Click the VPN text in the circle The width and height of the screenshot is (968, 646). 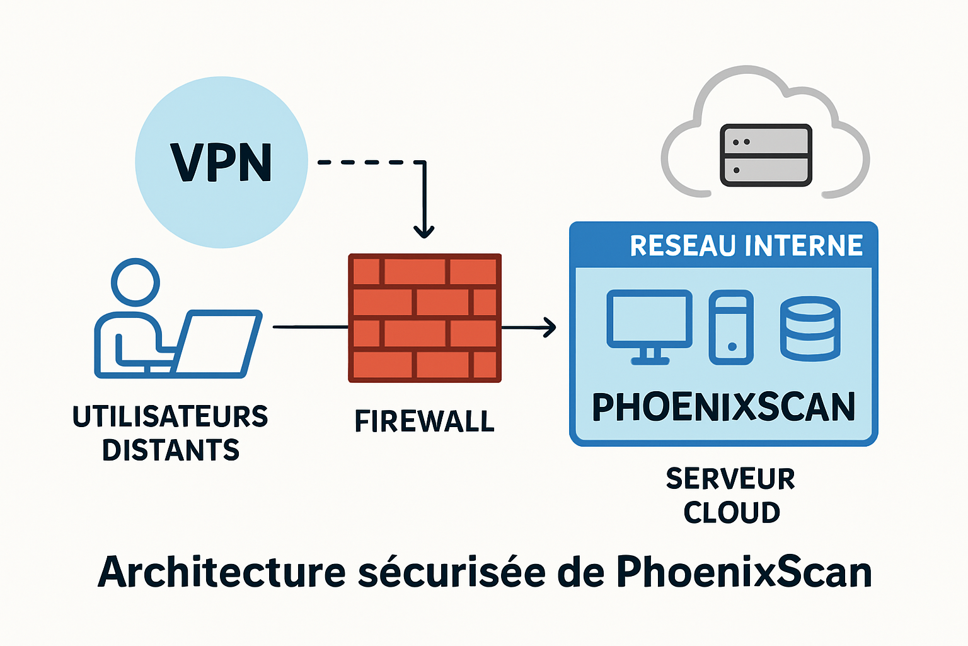click(x=221, y=163)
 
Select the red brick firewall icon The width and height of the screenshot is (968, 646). click(x=425, y=318)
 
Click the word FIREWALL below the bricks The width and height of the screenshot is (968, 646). click(x=425, y=421)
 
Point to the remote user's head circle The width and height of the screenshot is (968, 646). click(x=135, y=281)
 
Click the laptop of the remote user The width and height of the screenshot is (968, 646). click(x=217, y=343)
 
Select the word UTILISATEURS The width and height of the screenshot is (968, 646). click(x=170, y=417)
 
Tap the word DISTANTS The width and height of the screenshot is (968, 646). click(x=171, y=450)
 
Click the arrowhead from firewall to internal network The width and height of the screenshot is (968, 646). click(x=550, y=327)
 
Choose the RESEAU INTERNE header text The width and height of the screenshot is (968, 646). click(x=746, y=245)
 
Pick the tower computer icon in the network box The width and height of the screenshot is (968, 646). click(x=731, y=327)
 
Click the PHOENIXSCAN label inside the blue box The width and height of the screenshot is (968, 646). click(x=723, y=407)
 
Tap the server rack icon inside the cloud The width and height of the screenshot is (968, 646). click(x=766, y=155)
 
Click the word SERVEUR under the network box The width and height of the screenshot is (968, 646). click(x=730, y=479)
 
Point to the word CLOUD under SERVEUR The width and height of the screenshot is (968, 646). click(x=732, y=512)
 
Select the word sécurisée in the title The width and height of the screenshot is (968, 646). click(x=452, y=572)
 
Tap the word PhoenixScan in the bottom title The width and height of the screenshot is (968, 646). click(x=744, y=572)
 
